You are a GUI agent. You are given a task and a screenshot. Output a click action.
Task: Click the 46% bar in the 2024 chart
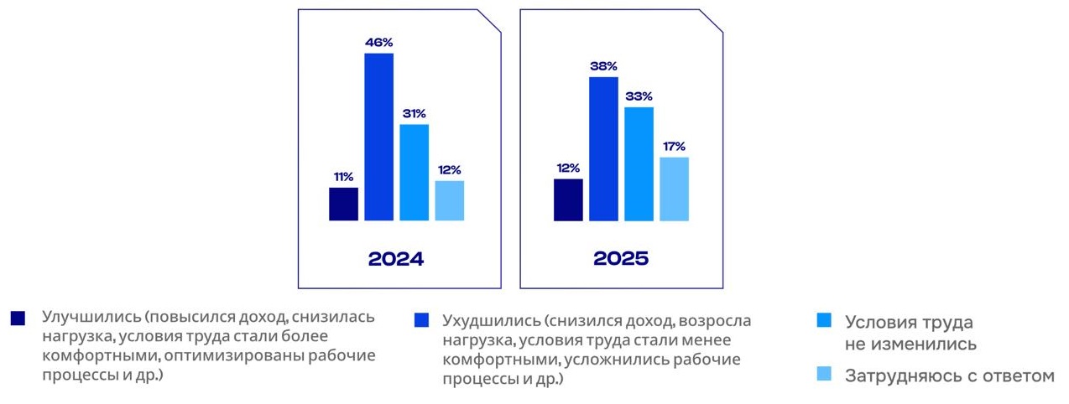(x=378, y=137)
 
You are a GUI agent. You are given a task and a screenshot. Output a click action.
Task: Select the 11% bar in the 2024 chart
(x=343, y=204)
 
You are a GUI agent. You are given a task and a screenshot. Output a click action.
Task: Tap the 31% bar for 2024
(x=414, y=172)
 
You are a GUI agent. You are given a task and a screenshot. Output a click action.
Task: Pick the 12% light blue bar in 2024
(x=449, y=200)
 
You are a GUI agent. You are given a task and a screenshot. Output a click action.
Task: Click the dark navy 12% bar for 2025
(x=568, y=199)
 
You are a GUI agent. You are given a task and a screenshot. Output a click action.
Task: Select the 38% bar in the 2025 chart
(x=603, y=148)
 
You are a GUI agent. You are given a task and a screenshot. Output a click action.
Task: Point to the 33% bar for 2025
(x=639, y=163)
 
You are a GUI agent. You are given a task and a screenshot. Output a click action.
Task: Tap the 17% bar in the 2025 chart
(x=674, y=189)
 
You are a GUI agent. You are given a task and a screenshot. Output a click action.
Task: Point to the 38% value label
(x=603, y=65)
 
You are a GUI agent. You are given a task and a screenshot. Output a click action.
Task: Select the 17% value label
(x=674, y=146)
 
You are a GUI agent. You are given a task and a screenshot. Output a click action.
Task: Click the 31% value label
(x=414, y=113)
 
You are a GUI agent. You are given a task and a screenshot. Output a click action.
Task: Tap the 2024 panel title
(x=396, y=258)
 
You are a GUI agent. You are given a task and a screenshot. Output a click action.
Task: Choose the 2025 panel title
(x=621, y=258)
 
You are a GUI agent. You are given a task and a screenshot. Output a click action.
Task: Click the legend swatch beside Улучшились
(x=18, y=319)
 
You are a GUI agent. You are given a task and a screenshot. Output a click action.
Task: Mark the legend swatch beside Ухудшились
(x=422, y=320)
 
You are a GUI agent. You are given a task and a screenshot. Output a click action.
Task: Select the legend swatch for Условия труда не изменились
(x=824, y=321)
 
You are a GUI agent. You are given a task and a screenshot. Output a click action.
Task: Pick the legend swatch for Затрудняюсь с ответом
(x=824, y=375)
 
